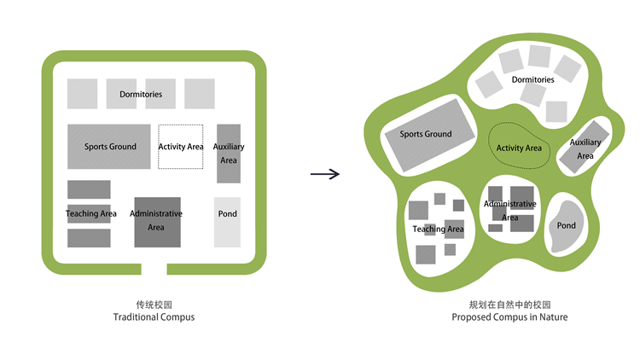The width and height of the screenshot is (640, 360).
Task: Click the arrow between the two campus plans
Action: pyautogui.click(x=324, y=174)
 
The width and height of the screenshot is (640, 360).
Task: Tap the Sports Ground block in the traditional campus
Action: pyautogui.click(x=110, y=147)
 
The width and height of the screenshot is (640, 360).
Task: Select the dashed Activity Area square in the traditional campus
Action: pyautogui.click(x=180, y=147)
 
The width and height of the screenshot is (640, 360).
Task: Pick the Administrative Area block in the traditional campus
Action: pyautogui.click(x=156, y=222)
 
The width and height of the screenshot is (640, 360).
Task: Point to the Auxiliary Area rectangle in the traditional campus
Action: pyautogui.click(x=228, y=154)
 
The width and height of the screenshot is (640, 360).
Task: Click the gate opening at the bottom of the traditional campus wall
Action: pyautogui.click(x=154, y=269)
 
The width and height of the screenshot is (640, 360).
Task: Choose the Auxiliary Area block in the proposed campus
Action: pyautogui.click(x=583, y=149)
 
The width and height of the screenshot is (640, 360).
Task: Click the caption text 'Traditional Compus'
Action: pyautogui.click(x=154, y=317)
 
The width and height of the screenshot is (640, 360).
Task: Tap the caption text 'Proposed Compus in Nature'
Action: pyautogui.click(x=509, y=317)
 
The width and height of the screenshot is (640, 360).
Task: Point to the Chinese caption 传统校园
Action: pyautogui.click(x=154, y=304)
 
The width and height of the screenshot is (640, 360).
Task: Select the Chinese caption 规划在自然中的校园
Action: pyautogui.click(x=509, y=304)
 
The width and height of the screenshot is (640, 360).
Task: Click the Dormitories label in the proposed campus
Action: pyautogui.click(x=532, y=80)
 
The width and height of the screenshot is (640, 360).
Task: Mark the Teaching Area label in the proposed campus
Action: pyautogui.click(x=438, y=229)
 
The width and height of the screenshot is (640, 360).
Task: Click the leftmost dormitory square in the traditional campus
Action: pyautogui.click(x=82, y=93)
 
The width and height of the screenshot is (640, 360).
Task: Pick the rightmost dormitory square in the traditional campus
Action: pyautogui.click(x=200, y=93)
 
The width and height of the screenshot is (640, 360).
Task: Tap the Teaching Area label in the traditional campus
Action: pyautogui.click(x=90, y=213)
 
